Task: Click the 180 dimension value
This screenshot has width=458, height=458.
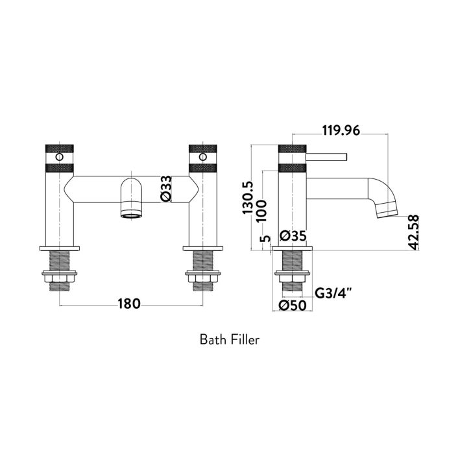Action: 129,304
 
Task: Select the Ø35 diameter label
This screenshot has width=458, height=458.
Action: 292,235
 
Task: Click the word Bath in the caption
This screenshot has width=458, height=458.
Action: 212,339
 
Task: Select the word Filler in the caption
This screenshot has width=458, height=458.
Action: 244,339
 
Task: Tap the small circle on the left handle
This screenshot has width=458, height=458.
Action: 60,157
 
